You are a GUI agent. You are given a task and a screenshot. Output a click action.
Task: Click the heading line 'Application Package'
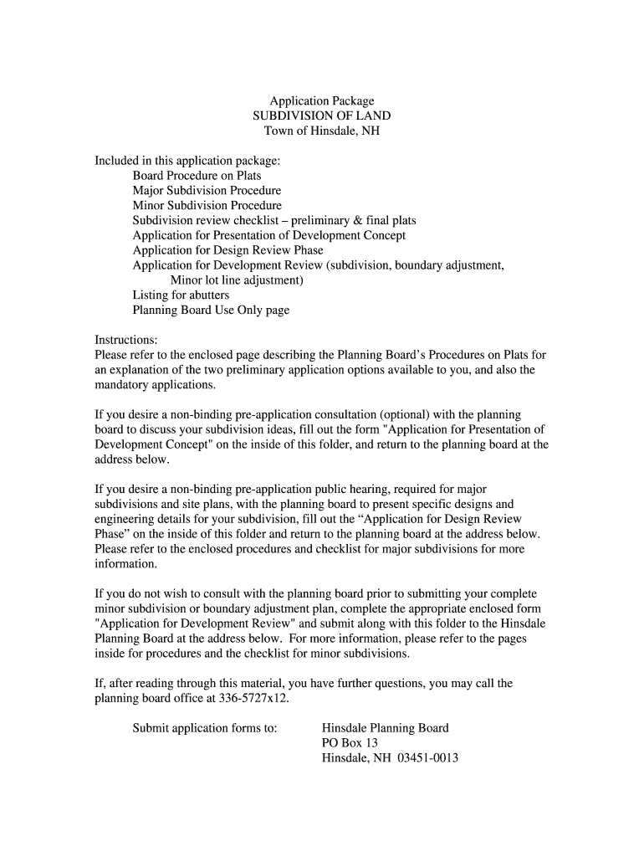321,100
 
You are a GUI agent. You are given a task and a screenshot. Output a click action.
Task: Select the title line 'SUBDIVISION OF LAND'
321,115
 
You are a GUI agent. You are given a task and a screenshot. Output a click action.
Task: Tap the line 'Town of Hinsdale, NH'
321,131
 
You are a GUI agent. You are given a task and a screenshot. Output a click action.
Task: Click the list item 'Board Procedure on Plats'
197,176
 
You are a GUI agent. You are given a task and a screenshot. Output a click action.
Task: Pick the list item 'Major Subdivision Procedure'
207,191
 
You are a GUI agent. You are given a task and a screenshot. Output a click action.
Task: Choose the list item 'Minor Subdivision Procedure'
207,206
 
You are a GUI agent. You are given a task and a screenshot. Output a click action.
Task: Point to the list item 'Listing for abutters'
181,295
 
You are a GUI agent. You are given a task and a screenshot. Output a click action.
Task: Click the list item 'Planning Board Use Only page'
211,310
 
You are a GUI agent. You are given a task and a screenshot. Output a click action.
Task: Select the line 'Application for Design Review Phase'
227,250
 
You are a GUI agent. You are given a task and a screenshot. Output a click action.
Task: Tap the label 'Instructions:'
126,341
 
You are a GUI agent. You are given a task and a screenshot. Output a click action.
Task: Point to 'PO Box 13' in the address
350,743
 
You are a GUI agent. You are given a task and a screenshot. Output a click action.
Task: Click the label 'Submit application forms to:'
205,728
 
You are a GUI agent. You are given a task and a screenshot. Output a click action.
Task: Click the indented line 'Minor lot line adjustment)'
237,280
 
